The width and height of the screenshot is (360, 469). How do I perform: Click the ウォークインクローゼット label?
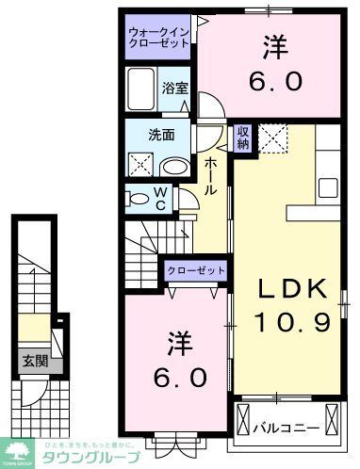[159, 39]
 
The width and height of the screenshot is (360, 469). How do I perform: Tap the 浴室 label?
[174, 89]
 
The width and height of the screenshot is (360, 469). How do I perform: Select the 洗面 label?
[161, 134]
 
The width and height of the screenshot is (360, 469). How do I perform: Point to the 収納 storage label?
[243, 137]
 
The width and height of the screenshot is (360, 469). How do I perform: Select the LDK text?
[290, 287]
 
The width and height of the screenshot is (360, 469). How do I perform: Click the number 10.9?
[290, 323]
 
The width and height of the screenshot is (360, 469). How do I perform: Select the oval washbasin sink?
[174, 166]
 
